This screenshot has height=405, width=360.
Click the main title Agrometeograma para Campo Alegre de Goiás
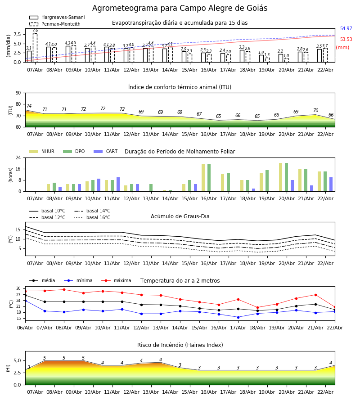click(x=180, y=9)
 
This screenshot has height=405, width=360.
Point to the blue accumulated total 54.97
click(x=346, y=29)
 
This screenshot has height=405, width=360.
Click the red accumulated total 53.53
click(x=346, y=40)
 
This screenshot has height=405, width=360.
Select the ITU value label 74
click(x=29, y=106)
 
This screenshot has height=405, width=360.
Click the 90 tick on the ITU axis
click(x=18, y=93)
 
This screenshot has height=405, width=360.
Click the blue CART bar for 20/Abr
click(x=292, y=186)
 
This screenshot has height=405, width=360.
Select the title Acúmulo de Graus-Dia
click(x=180, y=216)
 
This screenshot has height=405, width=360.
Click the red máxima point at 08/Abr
click(x=64, y=289)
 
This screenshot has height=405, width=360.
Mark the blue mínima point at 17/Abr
click(x=238, y=317)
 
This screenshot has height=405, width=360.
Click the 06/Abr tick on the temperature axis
click(x=25, y=327)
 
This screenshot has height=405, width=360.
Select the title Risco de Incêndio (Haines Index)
click(x=180, y=345)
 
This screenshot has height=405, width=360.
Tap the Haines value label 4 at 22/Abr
click(x=331, y=363)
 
